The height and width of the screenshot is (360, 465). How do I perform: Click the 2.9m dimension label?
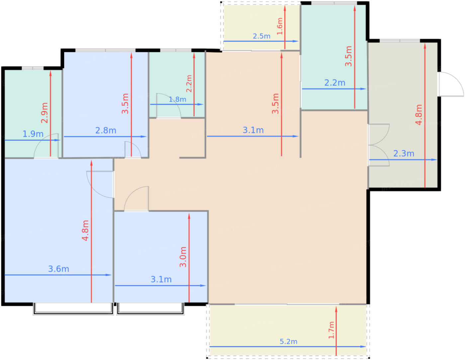(44, 113)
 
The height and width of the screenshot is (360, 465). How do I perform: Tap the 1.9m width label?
(33, 134)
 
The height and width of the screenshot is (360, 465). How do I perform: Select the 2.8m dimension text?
(106, 130)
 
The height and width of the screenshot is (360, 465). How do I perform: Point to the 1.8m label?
(177, 100)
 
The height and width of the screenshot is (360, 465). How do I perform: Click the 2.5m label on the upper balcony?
(261, 36)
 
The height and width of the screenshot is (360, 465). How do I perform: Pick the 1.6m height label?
(280, 26)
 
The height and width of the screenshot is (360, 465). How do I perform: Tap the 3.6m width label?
(59, 269)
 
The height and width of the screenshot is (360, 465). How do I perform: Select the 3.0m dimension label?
(183, 257)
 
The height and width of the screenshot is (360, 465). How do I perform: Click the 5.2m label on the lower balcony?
(288, 341)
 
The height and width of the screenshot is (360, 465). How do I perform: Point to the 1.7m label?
(331, 330)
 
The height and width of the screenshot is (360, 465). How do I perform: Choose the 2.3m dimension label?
(404, 154)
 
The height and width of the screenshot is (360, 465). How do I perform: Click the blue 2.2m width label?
(335, 83)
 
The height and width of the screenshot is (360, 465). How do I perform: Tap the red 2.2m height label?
(189, 84)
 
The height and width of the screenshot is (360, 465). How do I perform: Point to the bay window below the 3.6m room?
(73, 309)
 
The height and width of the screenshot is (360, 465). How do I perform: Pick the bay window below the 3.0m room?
(150, 309)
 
